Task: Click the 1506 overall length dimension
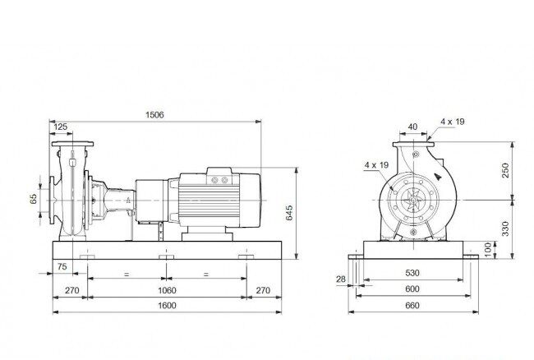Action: pos(154,115)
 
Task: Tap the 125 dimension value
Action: pos(61,127)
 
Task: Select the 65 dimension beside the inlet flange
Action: pos(33,199)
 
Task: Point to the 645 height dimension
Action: pos(289,213)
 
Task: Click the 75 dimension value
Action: pos(62,266)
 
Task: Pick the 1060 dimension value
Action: pos(167,290)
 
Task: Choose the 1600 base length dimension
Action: pos(167,306)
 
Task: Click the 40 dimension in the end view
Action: pos(412,127)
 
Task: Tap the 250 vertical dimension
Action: pos(505,170)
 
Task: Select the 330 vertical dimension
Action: pos(505,228)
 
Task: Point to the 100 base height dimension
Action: pos(488,250)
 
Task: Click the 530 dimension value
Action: pos(412,273)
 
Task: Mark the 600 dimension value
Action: pos(412,288)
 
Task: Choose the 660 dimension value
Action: pos(412,306)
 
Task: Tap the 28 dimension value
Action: pos(341,279)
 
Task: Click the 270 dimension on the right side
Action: pos(263,290)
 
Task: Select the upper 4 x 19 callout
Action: pos(453,122)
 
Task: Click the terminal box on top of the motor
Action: pos(219,176)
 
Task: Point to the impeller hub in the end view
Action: pos(413,200)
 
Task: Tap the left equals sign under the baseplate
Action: pos(127,275)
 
